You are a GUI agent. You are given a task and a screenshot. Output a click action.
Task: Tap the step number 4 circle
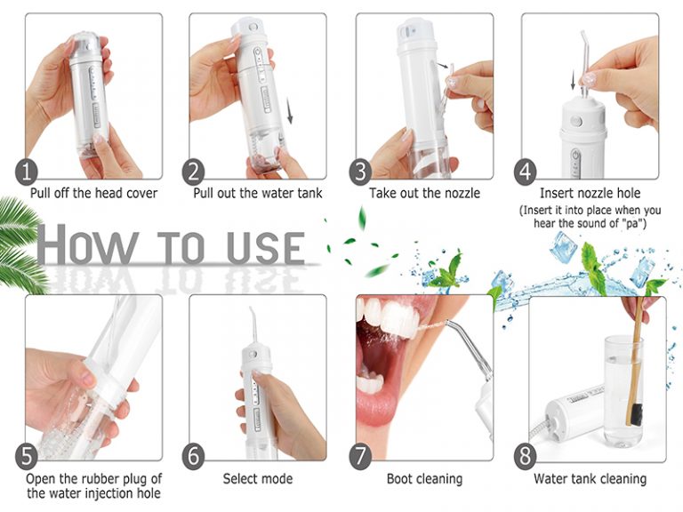point(528,171)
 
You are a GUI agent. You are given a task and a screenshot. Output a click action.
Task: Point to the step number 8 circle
point(526,456)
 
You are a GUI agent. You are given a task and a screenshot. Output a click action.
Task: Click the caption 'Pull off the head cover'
point(93,193)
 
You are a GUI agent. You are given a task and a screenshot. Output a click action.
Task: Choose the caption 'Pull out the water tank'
point(258,193)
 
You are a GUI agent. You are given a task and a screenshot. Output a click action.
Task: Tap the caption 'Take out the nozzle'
point(424,193)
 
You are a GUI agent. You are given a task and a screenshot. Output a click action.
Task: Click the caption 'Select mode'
point(258,479)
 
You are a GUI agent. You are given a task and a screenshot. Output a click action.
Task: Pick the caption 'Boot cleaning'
point(424,479)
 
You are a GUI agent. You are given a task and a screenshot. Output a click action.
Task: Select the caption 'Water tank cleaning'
point(590,479)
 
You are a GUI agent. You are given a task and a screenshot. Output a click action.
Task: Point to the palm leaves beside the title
point(18,240)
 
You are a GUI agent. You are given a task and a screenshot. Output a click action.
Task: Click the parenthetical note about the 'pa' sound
point(590,216)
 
